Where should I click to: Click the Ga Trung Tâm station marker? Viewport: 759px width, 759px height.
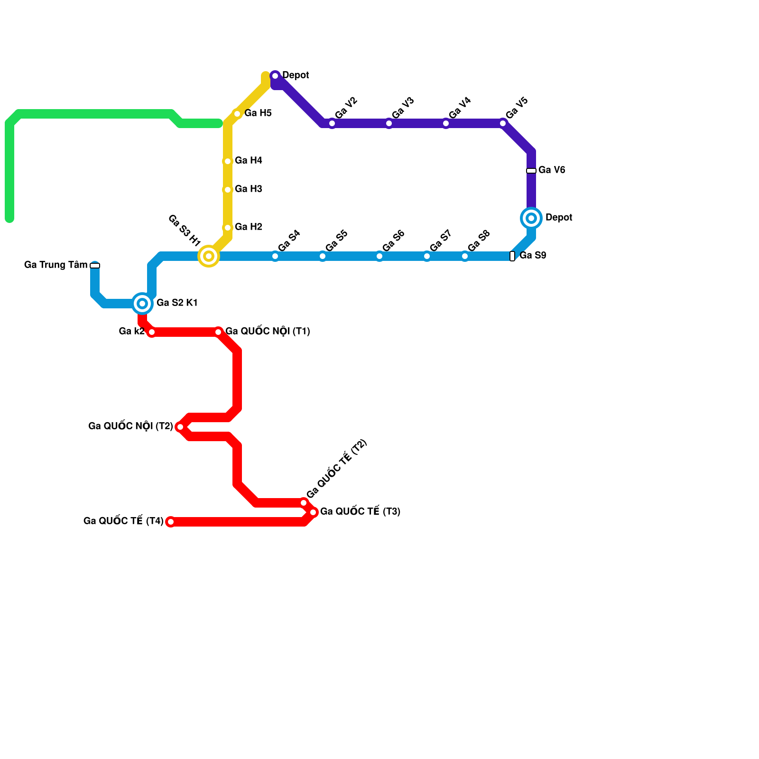(95, 266)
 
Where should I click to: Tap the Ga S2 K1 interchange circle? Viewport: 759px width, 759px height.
(142, 304)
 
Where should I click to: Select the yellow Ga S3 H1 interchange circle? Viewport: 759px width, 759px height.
(209, 256)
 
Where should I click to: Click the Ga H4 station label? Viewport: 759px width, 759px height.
(248, 161)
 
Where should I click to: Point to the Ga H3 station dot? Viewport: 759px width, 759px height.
(228, 190)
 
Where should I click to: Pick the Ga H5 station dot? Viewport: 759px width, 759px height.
(237, 114)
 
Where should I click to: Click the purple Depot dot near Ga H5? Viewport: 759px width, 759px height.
(275, 76)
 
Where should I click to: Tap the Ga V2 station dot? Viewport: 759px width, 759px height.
(332, 123)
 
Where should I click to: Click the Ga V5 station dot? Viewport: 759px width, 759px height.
(503, 123)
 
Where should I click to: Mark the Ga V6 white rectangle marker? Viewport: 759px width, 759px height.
(531, 171)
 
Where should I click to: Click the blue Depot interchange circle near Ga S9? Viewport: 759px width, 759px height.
(531, 218)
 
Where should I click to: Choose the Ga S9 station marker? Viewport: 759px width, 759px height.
(512, 256)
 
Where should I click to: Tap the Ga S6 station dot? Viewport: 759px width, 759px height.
(379, 256)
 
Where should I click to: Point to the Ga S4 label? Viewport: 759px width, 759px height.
(289, 241)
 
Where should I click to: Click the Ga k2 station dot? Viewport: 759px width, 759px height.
(152, 332)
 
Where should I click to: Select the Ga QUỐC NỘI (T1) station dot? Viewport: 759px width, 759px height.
(218, 332)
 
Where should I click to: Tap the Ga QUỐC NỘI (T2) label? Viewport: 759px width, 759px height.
(130, 426)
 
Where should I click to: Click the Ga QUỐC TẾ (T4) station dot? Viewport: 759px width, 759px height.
(171, 522)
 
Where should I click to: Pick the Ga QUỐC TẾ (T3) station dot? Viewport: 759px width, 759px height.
(313, 512)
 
